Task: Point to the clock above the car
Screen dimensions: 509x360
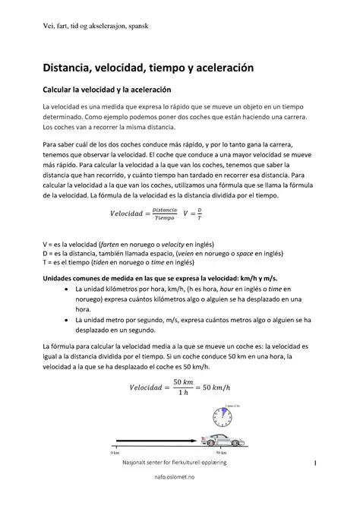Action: point(218,416)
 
